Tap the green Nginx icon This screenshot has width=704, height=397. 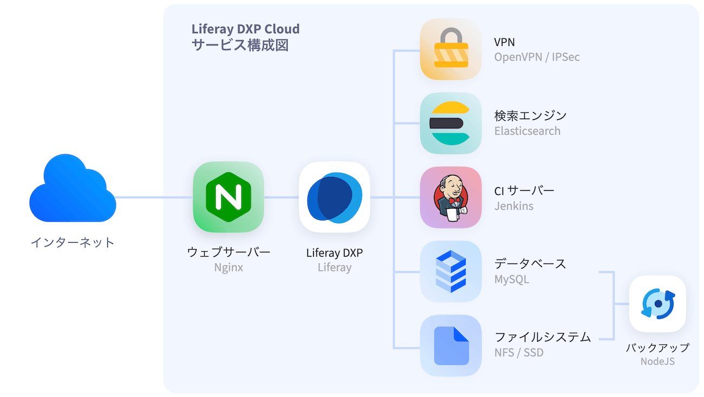[x=228, y=197]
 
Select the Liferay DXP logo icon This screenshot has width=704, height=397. [x=334, y=197]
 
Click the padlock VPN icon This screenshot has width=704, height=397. [x=451, y=49]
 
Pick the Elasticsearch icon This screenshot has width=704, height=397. [x=451, y=123]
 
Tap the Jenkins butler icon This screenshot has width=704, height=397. [x=451, y=197]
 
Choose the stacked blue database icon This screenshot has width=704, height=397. [x=451, y=271]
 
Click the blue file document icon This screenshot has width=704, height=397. [x=451, y=345]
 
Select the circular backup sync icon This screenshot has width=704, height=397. [x=657, y=303]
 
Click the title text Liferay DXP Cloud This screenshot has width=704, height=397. [x=245, y=29]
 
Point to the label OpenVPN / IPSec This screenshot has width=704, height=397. [x=537, y=57]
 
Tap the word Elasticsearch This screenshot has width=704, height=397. [x=527, y=131]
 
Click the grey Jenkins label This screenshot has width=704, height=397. [x=513, y=206]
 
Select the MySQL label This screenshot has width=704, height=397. [x=511, y=279]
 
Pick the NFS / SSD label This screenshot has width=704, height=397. [x=518, y=353]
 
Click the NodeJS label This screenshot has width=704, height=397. [x=657, y=361]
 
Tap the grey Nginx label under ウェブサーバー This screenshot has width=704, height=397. [x=228, y=268]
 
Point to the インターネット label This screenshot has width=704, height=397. [x=73, y=242]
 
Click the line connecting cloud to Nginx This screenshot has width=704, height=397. [x=154, y=197]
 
